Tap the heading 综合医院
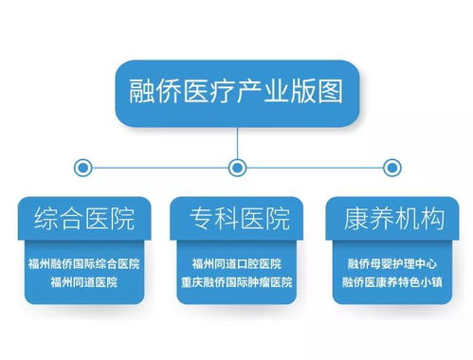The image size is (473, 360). pyautogui.click(x=82, y=219)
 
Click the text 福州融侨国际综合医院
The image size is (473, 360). pyautogui.click(x=82, y=264)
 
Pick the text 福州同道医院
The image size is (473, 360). pyautogui.click(x=82, y=282)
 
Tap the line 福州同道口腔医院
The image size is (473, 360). pyautogui.click(x=236, y=264)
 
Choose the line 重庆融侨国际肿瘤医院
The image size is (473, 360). pyautogui.click(x=236, y=282)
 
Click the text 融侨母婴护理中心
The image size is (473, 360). pyautogui.click(x=390, y=264)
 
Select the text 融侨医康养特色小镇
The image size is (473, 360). pyautogui.click(x=390, y=282)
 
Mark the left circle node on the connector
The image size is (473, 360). pyautogui.click(x=83, y=168)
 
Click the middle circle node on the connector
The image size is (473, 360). pyautogui.click(x=237, y=168)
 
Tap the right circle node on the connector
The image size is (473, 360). pyautogui.click(x=390, y=168)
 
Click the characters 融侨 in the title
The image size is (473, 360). pyautogui.click(x=152, y=92)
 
